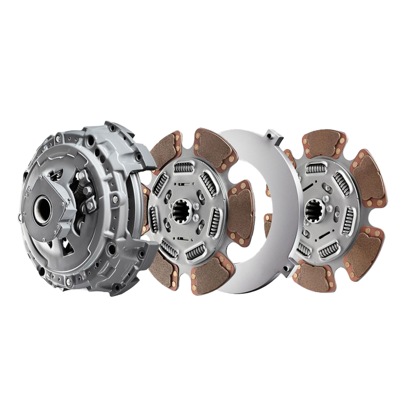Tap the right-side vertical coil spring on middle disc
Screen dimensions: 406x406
(x=215, y=220)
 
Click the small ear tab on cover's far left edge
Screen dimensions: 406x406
(x=19, y=216)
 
